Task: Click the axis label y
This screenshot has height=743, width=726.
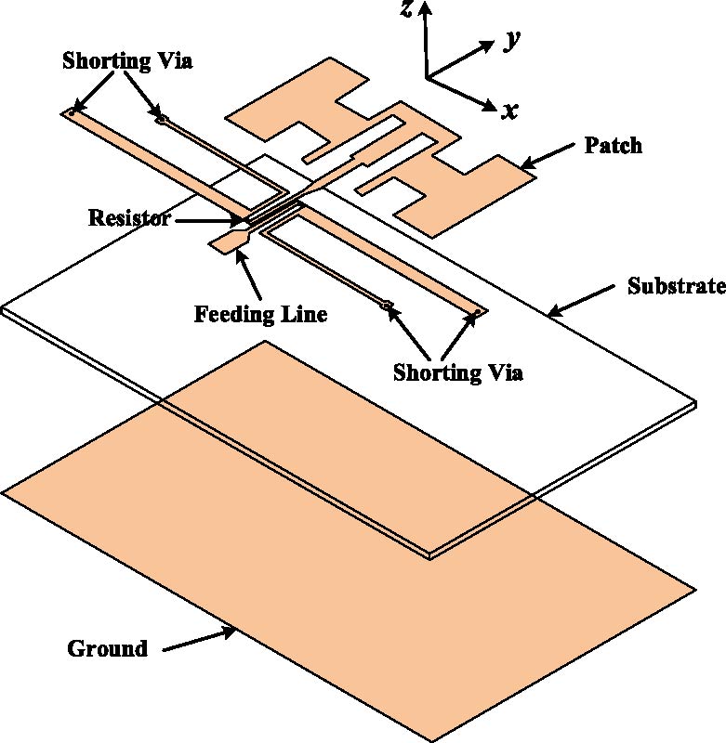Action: [x=510, y=40]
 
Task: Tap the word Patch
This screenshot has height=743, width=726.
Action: [x=614, y=146]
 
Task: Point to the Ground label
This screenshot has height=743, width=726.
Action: [x=107, y=648]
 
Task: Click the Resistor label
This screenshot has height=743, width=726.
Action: [x=130, y=219]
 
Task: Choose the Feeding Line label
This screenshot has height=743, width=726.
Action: [x=260, y=315]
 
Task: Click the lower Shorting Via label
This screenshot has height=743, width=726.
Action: [x=458, y=373]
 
